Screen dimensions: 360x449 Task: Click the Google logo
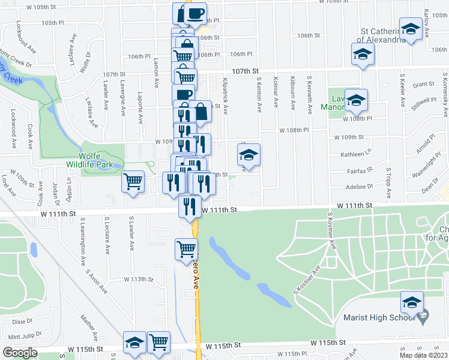click(20, 353)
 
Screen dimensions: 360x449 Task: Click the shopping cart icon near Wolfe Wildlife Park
click(133, 181)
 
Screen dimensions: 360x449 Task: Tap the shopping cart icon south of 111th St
click(187, 248)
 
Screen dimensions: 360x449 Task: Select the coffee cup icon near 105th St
click(195, 13)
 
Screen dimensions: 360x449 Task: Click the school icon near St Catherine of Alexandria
click(411, 29)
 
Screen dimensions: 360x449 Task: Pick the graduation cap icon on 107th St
click(362, 55)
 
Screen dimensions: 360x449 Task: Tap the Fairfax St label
click(361, 170)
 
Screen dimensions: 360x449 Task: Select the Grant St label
click(423, 85)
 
